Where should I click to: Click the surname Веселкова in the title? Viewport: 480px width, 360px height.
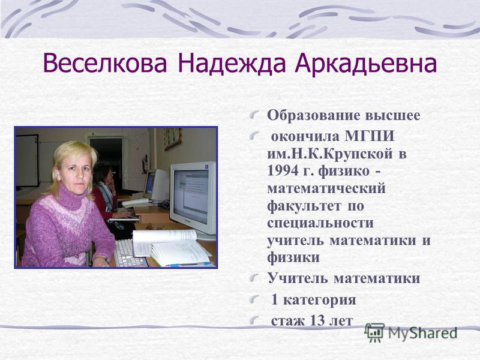pyautogui.click(x=106, y=64)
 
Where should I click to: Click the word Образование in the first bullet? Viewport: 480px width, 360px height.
pyautogui.click(x=314, y=116)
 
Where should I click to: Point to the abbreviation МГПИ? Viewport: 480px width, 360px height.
pyautogui.click(x=370, y=136)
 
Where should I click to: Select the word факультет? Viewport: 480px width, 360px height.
pyautogui.click(x=304, y=205)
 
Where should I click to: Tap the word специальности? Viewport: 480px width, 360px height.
pyautogui.click(x=320, y=223)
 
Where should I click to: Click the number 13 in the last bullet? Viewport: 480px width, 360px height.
pyautogui.click(x=318, y=320)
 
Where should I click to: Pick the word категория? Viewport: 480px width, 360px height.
pyautogui.click(x=320, y=300)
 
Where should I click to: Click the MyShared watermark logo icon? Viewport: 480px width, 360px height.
pyautogui.click(x=374, y=332)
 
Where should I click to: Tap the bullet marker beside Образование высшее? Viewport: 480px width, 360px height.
pyautogui.click(x=254, y=115)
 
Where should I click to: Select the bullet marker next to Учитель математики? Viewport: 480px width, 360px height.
pyautogui.click(x=254, y=278)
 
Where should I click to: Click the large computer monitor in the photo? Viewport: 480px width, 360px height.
pyautogui.click(x=193, y=197)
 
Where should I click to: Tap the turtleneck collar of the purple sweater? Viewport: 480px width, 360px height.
pyautogui.click(x=71, y=197)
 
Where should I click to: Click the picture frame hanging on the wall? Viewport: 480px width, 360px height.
pyautogui.click(x=173, y=139)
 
